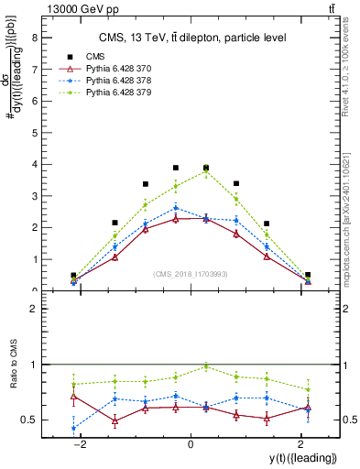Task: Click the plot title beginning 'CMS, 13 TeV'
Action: coord(191,38)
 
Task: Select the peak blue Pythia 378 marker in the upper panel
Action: coord(176,208)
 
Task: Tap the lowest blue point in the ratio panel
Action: coord(73,428)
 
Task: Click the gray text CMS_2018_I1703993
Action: coord(191,274)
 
